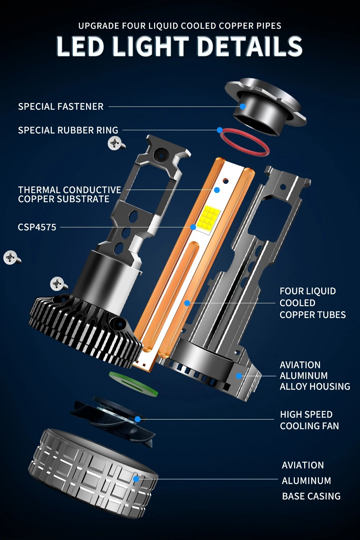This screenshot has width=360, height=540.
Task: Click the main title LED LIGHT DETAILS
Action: click(x=180, y=46)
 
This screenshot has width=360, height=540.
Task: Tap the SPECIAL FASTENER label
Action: click(x=61, y=106)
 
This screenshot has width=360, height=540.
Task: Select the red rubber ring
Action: click(x=245, y=142)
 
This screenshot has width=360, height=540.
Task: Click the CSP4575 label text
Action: click(x=37, y=227)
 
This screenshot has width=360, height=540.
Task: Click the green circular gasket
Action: click(x=134, y=384)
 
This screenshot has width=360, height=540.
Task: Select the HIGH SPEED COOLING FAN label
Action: click(x=309, y=420)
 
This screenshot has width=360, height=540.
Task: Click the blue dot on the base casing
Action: click(x=136, y=479)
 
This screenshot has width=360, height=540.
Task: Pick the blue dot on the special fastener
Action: click(x=243, y=106)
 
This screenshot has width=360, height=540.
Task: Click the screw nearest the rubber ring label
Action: click(x=116, y=143)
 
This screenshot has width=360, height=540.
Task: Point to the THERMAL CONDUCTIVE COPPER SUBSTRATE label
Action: click(x=69, y=195)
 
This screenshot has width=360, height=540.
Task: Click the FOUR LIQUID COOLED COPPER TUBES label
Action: click(x=313, y=303)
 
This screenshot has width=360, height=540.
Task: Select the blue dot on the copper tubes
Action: click(x=187, y=303)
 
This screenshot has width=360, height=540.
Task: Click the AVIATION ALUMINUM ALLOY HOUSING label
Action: click(x=315, y=376)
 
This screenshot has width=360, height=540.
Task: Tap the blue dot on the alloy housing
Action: click(x=239, y=376)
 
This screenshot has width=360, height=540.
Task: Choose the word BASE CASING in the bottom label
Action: click(x=311, y=496)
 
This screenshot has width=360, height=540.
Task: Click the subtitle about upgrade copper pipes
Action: click(x=180, y=26)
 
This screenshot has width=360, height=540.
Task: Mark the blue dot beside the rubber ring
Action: click(x=220, y=130)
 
